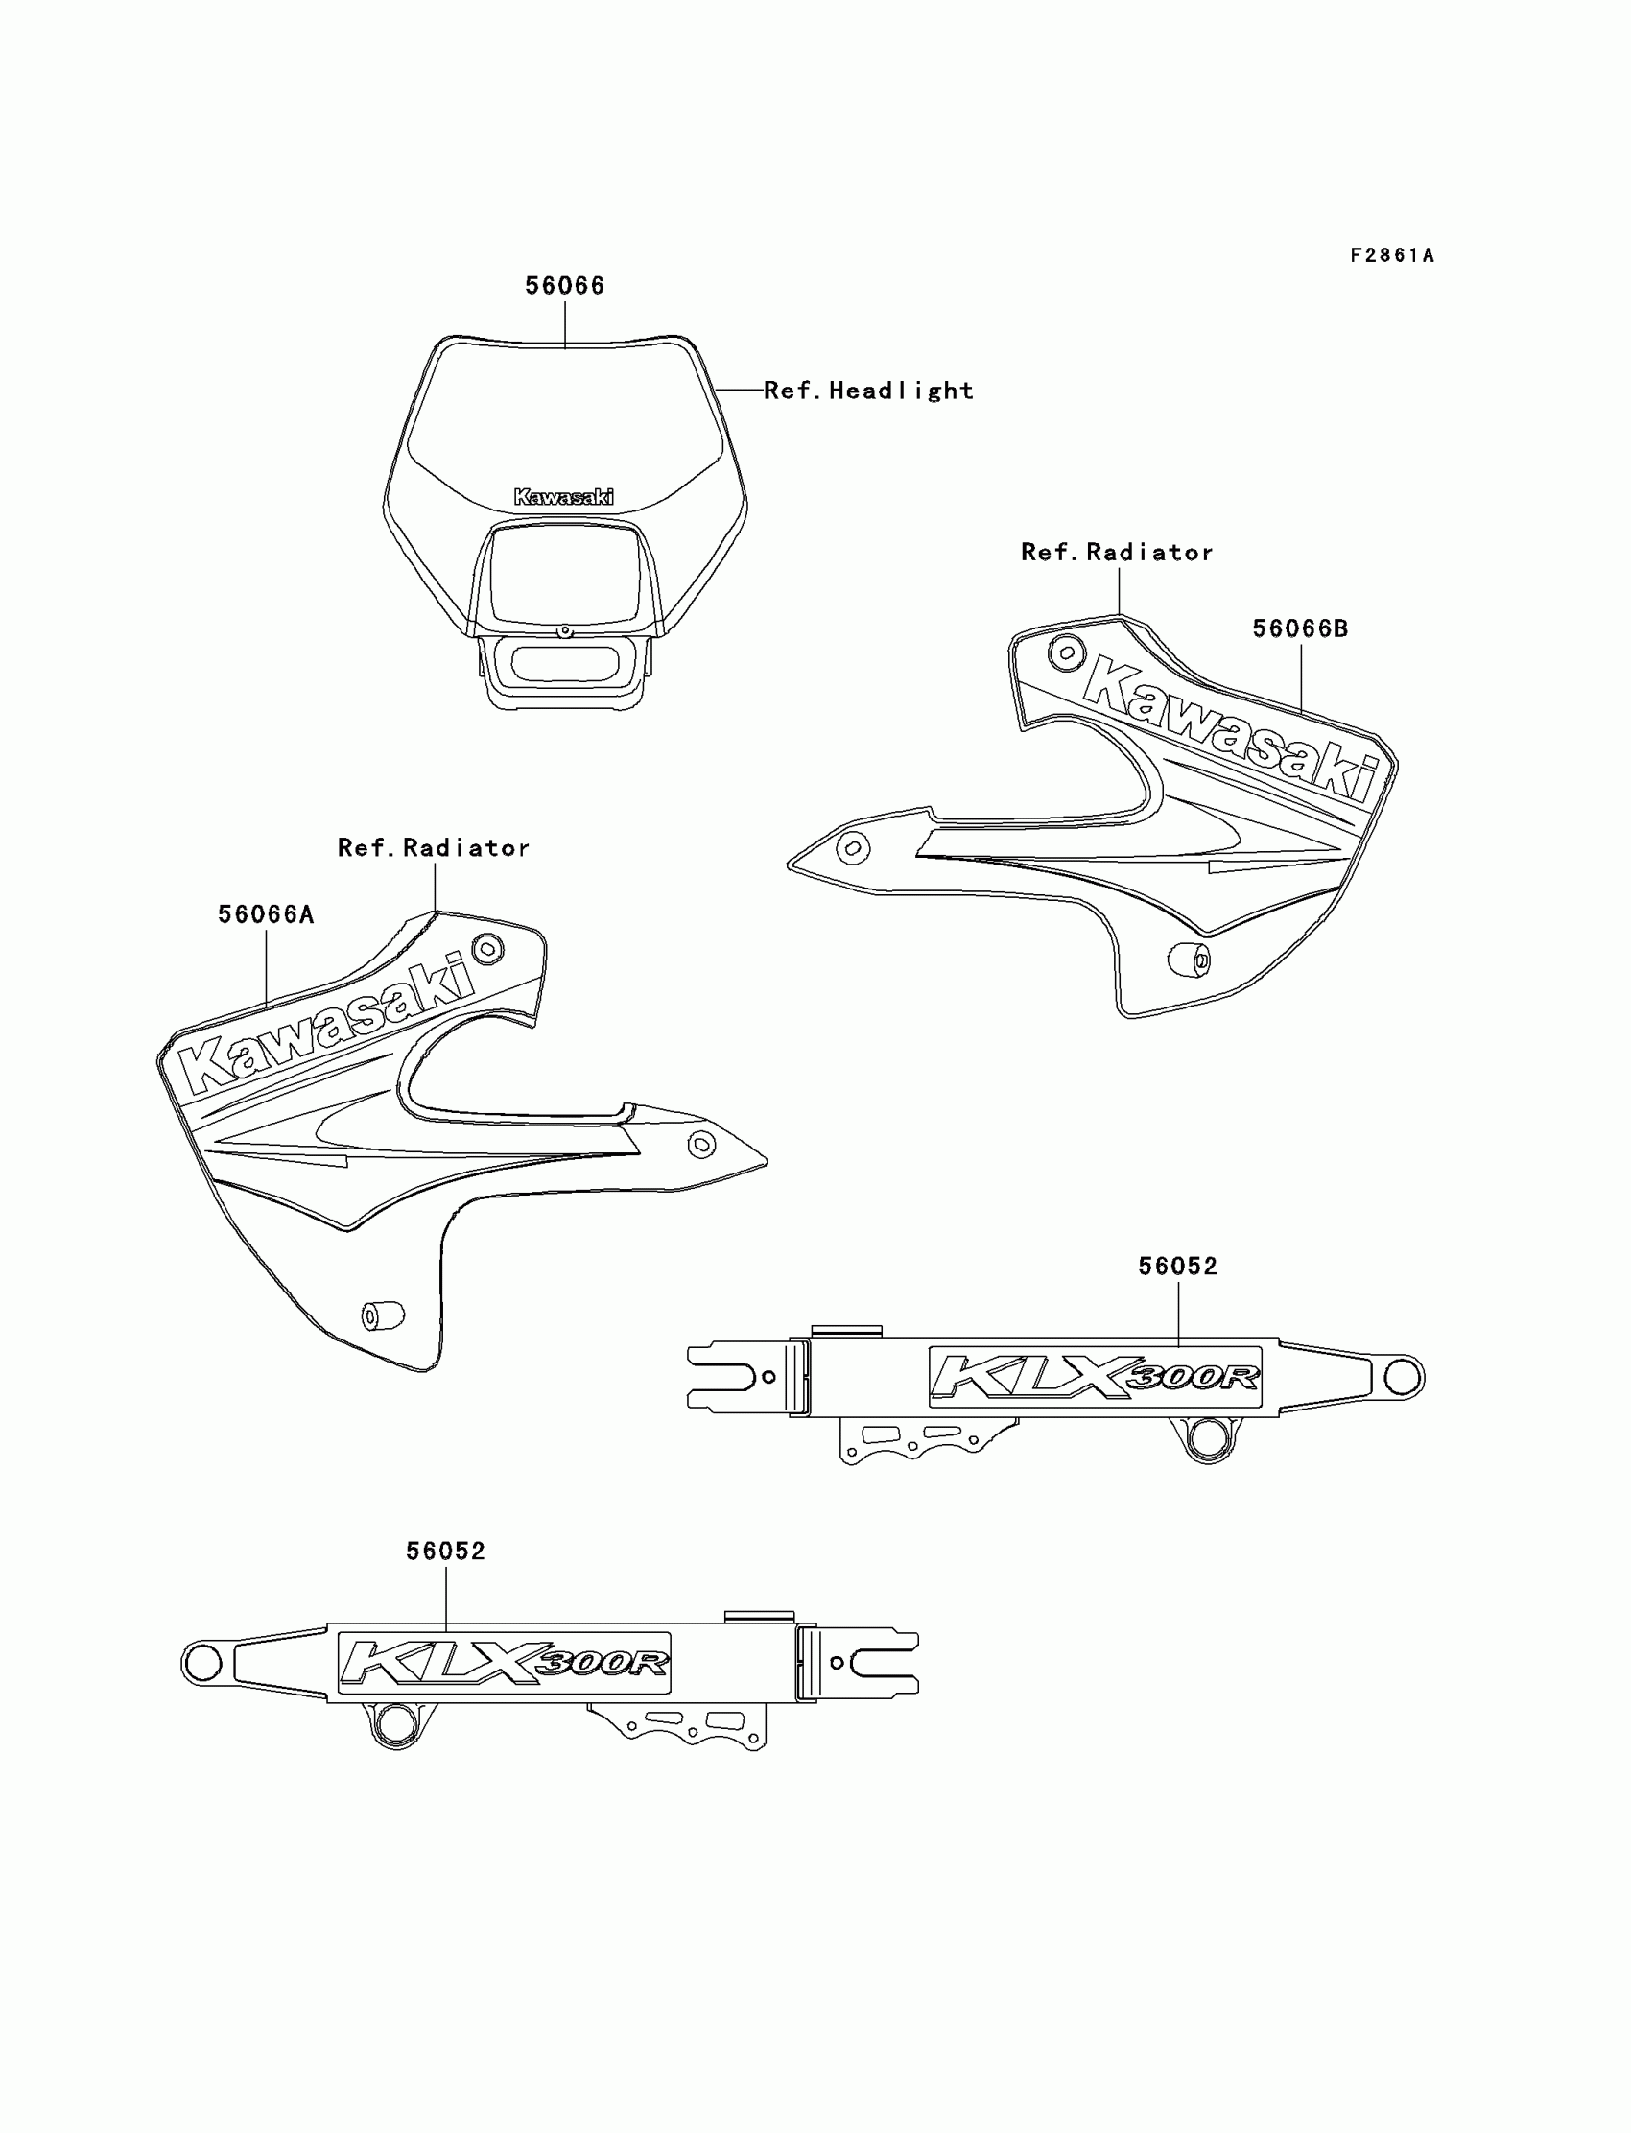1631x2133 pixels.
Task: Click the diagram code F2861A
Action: coord(1391,255)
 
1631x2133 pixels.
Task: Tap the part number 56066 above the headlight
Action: coord(564,285)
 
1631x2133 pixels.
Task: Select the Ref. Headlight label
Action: coord(868,391)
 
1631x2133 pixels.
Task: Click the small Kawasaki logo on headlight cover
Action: coord(563,497)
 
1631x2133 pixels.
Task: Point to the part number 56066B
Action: coord(1300,628)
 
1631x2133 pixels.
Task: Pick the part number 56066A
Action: coord(266,914)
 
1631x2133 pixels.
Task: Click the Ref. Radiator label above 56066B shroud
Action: coord(1117,553)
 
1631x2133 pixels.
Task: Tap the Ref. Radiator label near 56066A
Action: coord(434,847)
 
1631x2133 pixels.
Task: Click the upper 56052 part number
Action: coord(1177,1266)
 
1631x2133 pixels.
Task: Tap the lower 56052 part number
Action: coord(445,1552)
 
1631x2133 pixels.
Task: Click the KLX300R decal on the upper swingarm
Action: coord(1095,1377)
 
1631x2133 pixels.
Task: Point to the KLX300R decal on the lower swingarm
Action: coord(504,1663)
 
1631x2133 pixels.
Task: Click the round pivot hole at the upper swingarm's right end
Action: coord(1401,1377)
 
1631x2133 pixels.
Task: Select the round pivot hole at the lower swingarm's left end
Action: coord(201,1664)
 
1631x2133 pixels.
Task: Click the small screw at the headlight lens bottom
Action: coord(564,632)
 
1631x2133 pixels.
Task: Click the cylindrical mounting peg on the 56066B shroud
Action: coord(1189,960)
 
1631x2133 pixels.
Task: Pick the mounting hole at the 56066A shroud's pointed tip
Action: coord(701,1145)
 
